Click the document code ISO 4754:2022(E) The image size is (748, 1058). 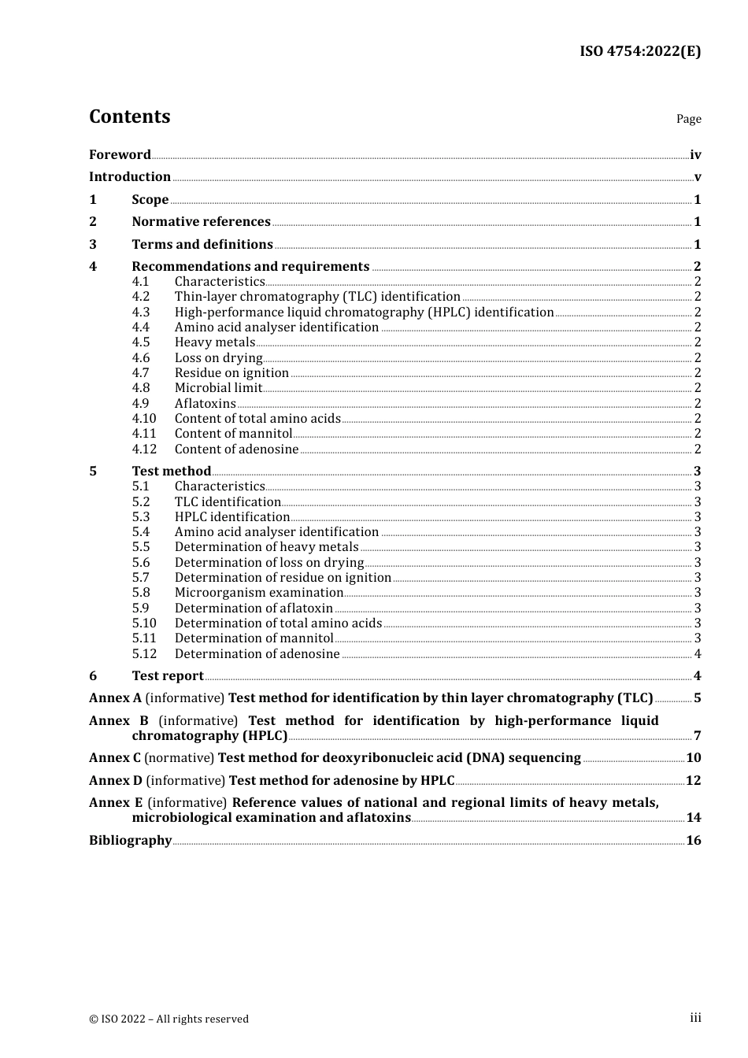coord(639,52)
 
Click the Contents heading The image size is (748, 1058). coord(129,117)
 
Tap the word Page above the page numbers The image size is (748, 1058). coord(688,119)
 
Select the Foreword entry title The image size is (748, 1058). coord(120,155)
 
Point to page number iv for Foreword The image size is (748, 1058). coord(695,155)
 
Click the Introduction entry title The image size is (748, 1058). coord(130,177)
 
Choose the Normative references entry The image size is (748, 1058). coord(201,222)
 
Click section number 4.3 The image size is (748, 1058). coord(141,313)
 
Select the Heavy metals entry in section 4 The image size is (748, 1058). coord(214,342)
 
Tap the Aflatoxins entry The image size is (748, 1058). coord(205,404)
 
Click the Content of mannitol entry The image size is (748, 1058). coord(233,434)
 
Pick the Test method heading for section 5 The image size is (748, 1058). coord(171,472)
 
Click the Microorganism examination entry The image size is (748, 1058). coord(259,593)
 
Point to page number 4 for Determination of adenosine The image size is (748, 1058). coord(697,654)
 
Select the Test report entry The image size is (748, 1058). coord(168,676)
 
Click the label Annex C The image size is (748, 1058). coord(115,758)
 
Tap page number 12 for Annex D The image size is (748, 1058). coord(693,781)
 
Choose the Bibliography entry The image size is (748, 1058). coord(130,841)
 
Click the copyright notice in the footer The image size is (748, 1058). coord(168,1019)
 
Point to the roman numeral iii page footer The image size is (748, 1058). coord(695,1018)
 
